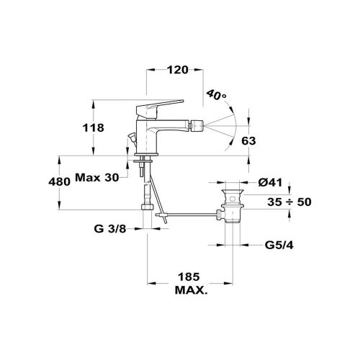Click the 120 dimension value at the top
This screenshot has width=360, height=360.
[x=178, y=70]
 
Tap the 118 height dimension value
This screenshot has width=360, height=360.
[x=94, y=127]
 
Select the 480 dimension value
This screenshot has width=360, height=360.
[x=59, y=181]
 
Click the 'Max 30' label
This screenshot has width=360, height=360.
[x=97, y=178]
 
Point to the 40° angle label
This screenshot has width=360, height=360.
[x=216, y=95]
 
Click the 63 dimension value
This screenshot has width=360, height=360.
[x=248, y=141]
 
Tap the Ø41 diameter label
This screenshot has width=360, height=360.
[x=270, y=183]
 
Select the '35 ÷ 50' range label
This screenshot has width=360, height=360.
[x=289, y=202]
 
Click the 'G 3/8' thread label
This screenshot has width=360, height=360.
[x=110, y=229]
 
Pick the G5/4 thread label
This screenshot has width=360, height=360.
[x=279, y=246]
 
